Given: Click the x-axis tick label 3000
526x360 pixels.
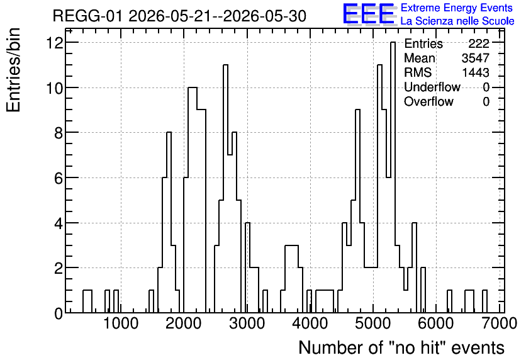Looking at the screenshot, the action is click(247, 323).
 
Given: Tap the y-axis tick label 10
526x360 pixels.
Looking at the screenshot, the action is click(55, 88).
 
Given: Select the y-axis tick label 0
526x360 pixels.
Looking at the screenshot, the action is click(59, 313).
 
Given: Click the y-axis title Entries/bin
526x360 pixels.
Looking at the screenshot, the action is click(14, 70).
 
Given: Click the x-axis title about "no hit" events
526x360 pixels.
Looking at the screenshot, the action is click(401, 347).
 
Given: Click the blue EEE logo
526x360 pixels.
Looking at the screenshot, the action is click(369, 14).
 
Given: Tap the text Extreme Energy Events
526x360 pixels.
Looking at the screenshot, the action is click(457, 8).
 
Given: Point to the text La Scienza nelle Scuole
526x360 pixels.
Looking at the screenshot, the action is click(457, 21).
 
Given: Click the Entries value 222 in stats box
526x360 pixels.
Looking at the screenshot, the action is click(479, 43).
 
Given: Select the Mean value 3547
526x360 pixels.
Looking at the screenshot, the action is click(476, 58).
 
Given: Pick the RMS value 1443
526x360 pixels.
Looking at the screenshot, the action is click(476, 72).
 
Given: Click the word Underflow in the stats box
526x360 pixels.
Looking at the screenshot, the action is click(432, 87).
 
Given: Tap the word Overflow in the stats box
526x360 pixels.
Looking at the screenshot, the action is click(428, 101).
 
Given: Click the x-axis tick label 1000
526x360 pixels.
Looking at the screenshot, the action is click(121, 323).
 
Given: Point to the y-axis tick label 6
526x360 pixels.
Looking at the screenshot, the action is click(59, 178).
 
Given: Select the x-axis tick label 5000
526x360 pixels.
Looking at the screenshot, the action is click(373, 323).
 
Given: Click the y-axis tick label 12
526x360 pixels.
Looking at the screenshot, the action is click(55, 43).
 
